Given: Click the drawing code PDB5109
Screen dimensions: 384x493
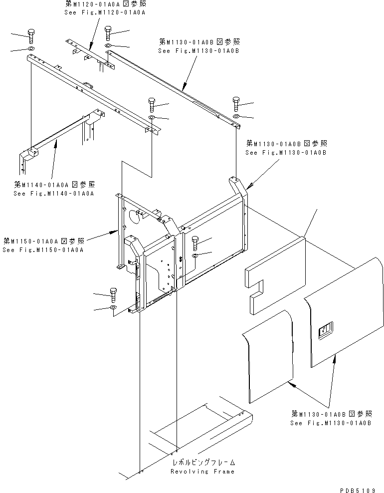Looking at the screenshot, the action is (358, 490).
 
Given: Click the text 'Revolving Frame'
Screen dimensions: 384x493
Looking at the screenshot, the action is (202, 472).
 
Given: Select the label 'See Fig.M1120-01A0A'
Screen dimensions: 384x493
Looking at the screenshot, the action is (105, 12).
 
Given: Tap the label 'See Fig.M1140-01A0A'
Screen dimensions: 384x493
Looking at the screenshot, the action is (54, 194).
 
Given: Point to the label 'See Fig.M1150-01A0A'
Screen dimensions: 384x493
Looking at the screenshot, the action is (43, 250).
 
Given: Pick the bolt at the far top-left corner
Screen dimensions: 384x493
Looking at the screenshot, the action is (31, 36).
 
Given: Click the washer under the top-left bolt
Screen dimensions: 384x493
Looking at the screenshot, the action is (31, 49).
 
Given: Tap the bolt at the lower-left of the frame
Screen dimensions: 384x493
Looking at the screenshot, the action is (113, 294).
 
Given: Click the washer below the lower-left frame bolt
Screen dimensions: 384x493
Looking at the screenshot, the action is (113, 307).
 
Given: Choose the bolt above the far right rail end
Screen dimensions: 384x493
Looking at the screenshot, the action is (236, 104).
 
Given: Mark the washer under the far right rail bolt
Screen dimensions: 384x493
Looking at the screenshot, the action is (236, 117).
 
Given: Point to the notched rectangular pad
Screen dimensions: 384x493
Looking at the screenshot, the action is (275, 275).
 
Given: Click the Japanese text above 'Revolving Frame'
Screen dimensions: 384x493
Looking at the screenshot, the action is (204, 462).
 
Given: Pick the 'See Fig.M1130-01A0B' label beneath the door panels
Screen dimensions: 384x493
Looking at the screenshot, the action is (331, 423).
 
